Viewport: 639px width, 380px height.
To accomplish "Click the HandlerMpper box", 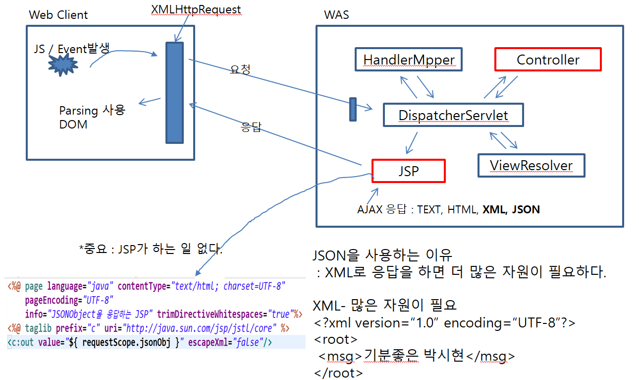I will click(409, 60).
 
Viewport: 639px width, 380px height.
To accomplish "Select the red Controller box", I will click(548, 60).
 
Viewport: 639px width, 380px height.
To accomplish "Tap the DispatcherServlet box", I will click(453, 115).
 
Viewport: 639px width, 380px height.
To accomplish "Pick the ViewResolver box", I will click(531, 165).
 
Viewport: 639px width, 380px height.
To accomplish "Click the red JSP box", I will click(409, 171).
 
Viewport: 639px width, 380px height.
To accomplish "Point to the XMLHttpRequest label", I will click(196, 9).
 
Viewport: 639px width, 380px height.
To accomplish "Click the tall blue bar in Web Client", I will click(174, 92).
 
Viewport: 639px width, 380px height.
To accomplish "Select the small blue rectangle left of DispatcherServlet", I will click(353, 109).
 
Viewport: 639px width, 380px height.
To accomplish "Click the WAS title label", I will click(336, 15).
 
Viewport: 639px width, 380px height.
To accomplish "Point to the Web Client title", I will click(58, 15).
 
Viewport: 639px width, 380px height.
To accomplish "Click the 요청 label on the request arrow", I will click(240, 69).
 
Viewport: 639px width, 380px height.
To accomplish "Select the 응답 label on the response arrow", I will click(251, 128).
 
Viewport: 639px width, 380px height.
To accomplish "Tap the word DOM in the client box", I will click(73, 125).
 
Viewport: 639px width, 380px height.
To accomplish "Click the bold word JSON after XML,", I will click(526, 209).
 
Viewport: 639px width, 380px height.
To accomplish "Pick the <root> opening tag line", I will click(335, 339).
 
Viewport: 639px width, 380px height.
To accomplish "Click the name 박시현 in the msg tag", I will click(442, 356).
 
